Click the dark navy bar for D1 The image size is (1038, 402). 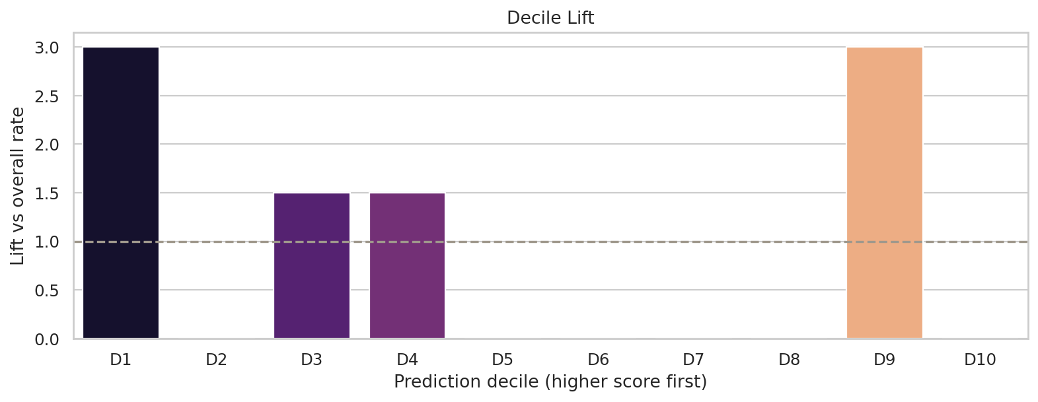121,193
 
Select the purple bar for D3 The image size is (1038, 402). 312,265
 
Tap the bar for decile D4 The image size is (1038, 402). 407,265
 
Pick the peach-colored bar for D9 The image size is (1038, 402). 885,193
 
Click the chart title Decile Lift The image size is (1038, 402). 550,18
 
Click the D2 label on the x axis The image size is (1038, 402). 216,360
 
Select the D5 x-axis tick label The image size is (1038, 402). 503,360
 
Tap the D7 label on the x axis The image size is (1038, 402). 694,360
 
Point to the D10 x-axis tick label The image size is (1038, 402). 980,360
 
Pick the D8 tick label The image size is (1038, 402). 789,360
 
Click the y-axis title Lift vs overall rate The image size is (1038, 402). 18,186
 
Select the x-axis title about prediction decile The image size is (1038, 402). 550,382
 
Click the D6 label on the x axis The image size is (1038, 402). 598,360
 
